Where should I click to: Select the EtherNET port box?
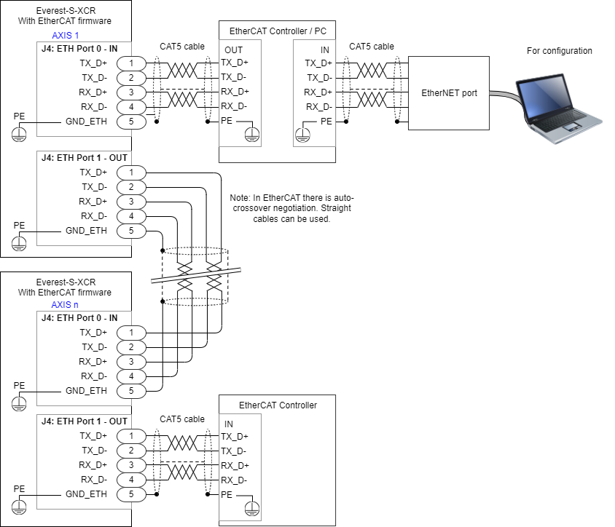449,93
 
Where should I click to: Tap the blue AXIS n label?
66,304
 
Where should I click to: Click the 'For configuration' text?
559,51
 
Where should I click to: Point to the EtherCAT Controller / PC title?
277,30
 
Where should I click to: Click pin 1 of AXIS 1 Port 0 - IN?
131,63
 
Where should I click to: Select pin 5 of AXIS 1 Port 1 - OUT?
131,231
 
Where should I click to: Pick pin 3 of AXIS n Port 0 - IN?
131,362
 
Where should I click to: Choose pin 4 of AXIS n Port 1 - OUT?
131,480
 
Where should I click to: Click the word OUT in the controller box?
234,49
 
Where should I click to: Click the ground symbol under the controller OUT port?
251,133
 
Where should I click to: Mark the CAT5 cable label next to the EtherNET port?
371,47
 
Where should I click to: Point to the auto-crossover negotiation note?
291,208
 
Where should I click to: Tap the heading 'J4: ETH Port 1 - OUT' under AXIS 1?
84,157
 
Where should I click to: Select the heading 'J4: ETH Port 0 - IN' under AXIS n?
79,317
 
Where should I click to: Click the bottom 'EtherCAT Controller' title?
278,405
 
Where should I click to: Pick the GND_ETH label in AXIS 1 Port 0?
87,122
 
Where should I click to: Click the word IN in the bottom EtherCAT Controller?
229,424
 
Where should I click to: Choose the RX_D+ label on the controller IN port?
318,92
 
